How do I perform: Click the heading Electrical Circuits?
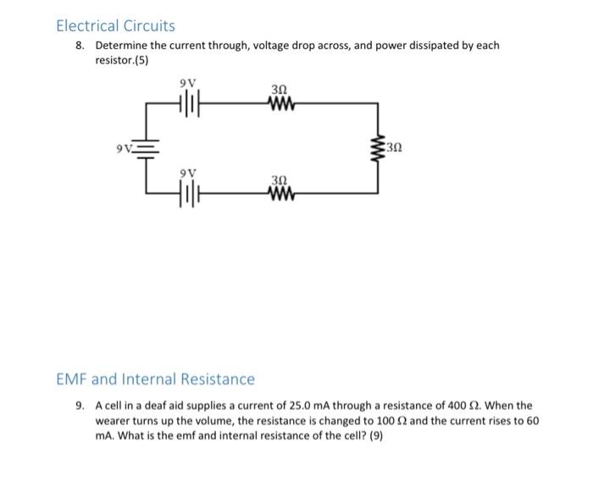[x=115, y=26]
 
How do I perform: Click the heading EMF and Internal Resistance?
[x=155, y=379]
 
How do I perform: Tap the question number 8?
[x=79, y=46]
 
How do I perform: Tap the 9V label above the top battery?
[x=187, y=83]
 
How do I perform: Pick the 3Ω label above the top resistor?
[x=279, y=89]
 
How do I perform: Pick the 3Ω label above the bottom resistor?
[x=280, y=180]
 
